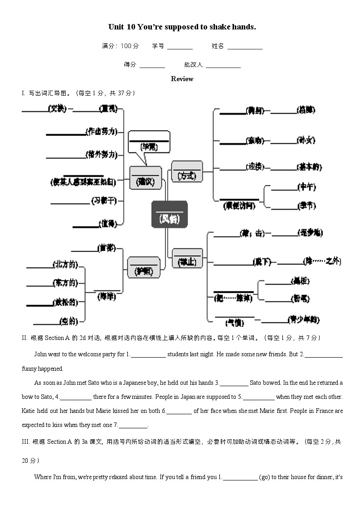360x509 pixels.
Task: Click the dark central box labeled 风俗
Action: [x=169, y=214]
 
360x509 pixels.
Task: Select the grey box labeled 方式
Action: [x=187, y=172]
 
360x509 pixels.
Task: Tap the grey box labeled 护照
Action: [x=144, y=267]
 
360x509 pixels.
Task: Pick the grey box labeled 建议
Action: [x=145, y=177]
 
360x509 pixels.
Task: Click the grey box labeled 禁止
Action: [x=187, y=258]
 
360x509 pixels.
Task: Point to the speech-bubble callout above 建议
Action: [x=149, y=142]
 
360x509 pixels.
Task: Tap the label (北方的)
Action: [x=65, y=264]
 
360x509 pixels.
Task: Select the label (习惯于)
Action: [x=104, y=200]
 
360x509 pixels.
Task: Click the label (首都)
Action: [x=107, y=248]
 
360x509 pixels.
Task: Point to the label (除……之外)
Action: [x=322, y=261]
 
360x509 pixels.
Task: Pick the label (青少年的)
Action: [x=303, y=320]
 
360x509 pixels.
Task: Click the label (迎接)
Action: [x=254, y=166]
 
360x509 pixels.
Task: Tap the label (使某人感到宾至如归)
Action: [x=83, y=182]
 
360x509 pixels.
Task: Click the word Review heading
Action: [x=182, y=79]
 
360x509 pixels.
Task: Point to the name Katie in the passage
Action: [x=29, y=411]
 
